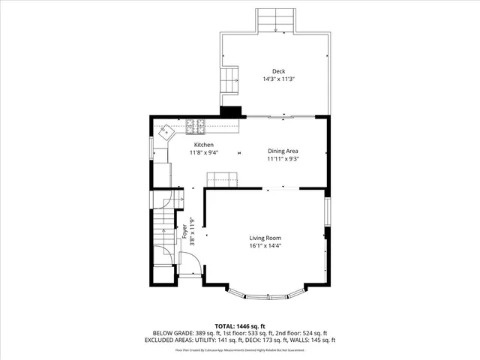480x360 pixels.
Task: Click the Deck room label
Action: click(x=279, y=72)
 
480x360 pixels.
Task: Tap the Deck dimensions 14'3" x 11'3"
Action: click(x=279, y=79)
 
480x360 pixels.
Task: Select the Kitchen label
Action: click(x=204, y=145)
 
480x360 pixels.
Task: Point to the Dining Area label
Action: click(x=283, y=151)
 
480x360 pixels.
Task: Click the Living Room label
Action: click(x=265, y=238)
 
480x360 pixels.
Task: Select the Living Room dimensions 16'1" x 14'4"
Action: click(x=265, y=246)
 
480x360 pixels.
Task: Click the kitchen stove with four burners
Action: click(x=201, y=124)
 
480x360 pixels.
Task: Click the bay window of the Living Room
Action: click(x=266, y=295)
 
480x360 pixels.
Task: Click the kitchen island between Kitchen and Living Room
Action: click(x=223, y=178)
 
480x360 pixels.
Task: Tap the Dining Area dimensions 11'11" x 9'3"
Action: click(x=283, y=159)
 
